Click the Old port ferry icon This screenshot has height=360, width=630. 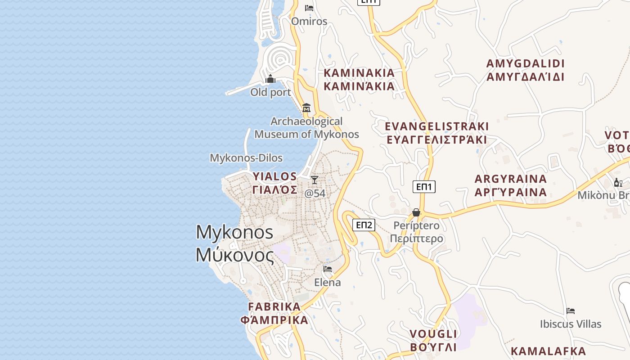[x=270, y=79]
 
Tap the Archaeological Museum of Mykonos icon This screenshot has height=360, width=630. [x=306, y=108]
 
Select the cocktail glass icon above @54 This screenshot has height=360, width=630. [x=315, y=180]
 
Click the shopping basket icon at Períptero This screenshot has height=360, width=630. [x=416, y=212]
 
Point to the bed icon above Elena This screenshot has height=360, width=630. [x=328, y=269]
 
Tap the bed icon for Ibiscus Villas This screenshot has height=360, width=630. [x=571, y=310]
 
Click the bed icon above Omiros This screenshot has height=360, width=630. [x=309, y=8]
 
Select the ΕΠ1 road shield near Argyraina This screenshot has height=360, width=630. [x=424, y=187]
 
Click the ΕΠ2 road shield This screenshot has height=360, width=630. [x=364, y=225]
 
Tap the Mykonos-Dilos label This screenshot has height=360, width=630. [x=246, y=158]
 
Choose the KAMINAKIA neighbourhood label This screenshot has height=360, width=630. [x=359, y=79]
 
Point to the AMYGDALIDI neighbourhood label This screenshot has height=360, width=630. [x=525, y=70]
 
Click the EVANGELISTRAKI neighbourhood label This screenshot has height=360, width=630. [x=436, y=133]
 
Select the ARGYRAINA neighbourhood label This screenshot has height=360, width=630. [x=511, y=185]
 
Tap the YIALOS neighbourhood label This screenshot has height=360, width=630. [x=275, y=182]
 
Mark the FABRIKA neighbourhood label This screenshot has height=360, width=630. [x=274, y=313]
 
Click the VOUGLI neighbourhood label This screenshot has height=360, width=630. [x=433, y=340]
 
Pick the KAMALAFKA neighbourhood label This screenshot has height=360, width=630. [x=548, y=351]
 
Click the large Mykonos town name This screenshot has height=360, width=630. [x=234, y=243]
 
